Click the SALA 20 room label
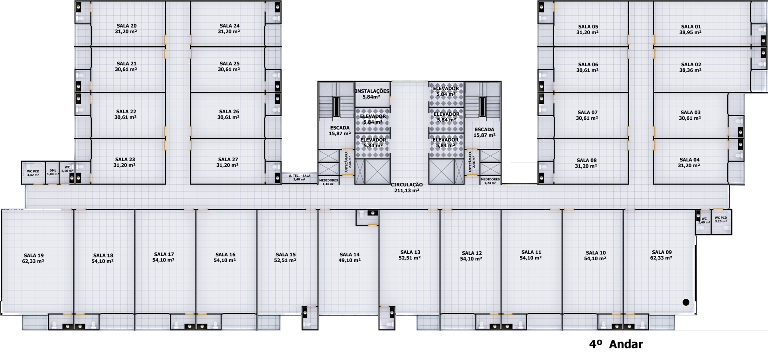click(x=126, y=29)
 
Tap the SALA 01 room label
click(x=691, y=30)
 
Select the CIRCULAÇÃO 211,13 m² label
click(x=407, y=188)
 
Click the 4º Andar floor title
click(x=616, y=344)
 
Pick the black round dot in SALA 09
click(x=686, y=302)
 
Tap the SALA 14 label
click(x=349, y=257)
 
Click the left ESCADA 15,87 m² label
click(x=340, y=131)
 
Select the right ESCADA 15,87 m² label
click(x=484, y=133)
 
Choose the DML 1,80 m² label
click(x=53, y=172)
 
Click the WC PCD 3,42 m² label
click(x=33, y=173)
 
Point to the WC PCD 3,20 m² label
click(x=721, y=220)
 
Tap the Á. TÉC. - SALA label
click(x=299, y=176)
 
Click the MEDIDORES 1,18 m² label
click(x=328, y=182)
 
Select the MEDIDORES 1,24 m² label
click(x=490, y=181)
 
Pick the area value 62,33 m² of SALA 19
click(x=33, y=261)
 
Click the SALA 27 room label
click(x=227, y=162)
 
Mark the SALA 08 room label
click(x=586, y=163)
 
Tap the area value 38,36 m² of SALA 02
click(x=691, y=70)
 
